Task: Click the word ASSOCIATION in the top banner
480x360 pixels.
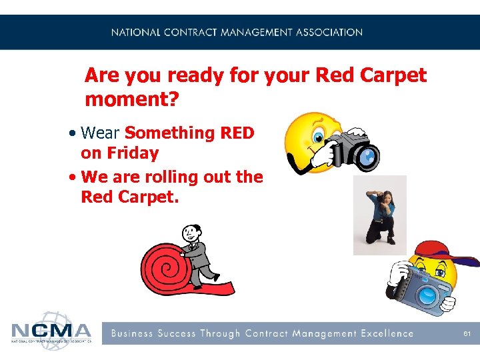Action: (329, 32)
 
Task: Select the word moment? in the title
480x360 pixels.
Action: (133, 101)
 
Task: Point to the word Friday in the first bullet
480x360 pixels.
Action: (129, 153)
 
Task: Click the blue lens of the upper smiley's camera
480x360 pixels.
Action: (367, 156)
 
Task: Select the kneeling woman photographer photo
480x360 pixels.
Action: (379, 215)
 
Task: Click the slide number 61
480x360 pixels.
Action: (467, 333)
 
